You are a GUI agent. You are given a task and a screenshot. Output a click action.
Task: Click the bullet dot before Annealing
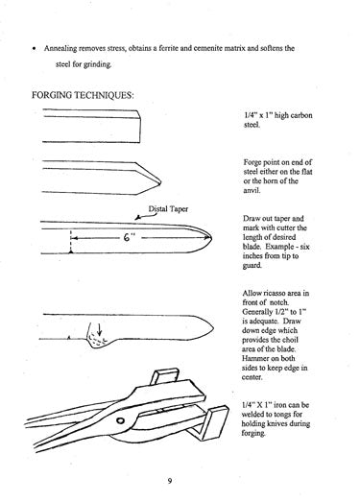pyautogui.click(x=34, y=45)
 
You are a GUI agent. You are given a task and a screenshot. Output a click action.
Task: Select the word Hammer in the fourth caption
pyautogui.click(x=263, y=363)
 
